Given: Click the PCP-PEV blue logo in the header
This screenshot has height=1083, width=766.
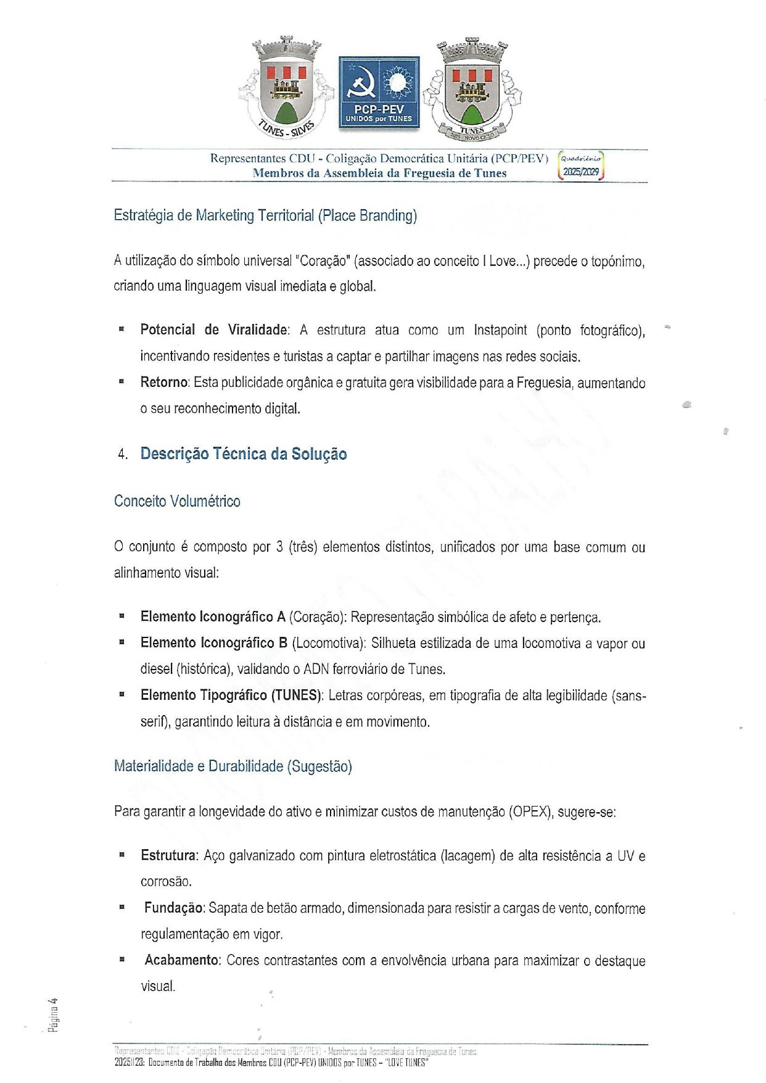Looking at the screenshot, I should click(x=379, y=93).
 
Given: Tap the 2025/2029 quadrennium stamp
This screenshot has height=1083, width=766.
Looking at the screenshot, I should click(x=581, y=165).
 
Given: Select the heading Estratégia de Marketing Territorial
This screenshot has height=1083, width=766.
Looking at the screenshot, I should click(x=265, y=215).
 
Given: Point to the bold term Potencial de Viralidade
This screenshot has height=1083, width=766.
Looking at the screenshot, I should click(x=213, y=330).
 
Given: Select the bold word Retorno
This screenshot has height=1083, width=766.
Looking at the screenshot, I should click(x=163, y=383).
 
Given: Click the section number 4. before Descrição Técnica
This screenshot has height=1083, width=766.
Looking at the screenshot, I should click(x=123, y=455).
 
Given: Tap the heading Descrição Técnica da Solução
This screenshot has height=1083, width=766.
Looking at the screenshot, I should click(x=244, y=454).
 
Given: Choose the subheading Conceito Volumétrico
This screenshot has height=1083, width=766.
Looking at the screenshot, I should click(x=177, y=501).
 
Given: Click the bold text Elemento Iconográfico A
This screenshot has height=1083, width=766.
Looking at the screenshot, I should click(x=213, y=617).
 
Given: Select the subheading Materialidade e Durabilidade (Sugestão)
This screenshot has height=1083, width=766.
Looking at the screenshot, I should click(x=233, y=766).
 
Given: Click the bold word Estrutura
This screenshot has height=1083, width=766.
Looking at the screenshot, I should click(x=168, y=856).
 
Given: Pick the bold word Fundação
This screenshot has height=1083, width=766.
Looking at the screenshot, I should click(x=173, y=908).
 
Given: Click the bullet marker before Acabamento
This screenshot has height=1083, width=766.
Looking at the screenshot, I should click(x=122, y=960).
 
